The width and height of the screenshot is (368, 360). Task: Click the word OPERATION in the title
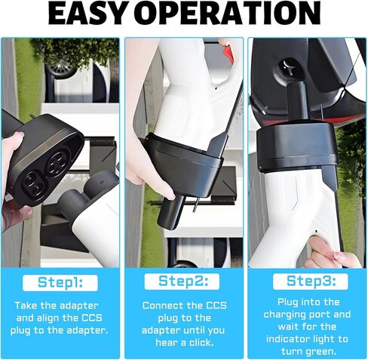[230, 13]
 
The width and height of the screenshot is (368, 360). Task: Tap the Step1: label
[60, 282]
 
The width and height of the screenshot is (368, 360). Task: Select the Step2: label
[183, 281]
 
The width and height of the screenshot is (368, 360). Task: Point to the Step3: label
[311, 281]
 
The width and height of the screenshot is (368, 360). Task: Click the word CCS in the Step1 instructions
[92, 318]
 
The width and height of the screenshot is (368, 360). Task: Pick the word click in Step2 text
[201, 343]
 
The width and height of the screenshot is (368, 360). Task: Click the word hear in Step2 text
[166, 343]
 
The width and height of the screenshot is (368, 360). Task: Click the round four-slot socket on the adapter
[57, 163]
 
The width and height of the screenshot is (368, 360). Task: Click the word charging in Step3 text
[289, 315]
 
